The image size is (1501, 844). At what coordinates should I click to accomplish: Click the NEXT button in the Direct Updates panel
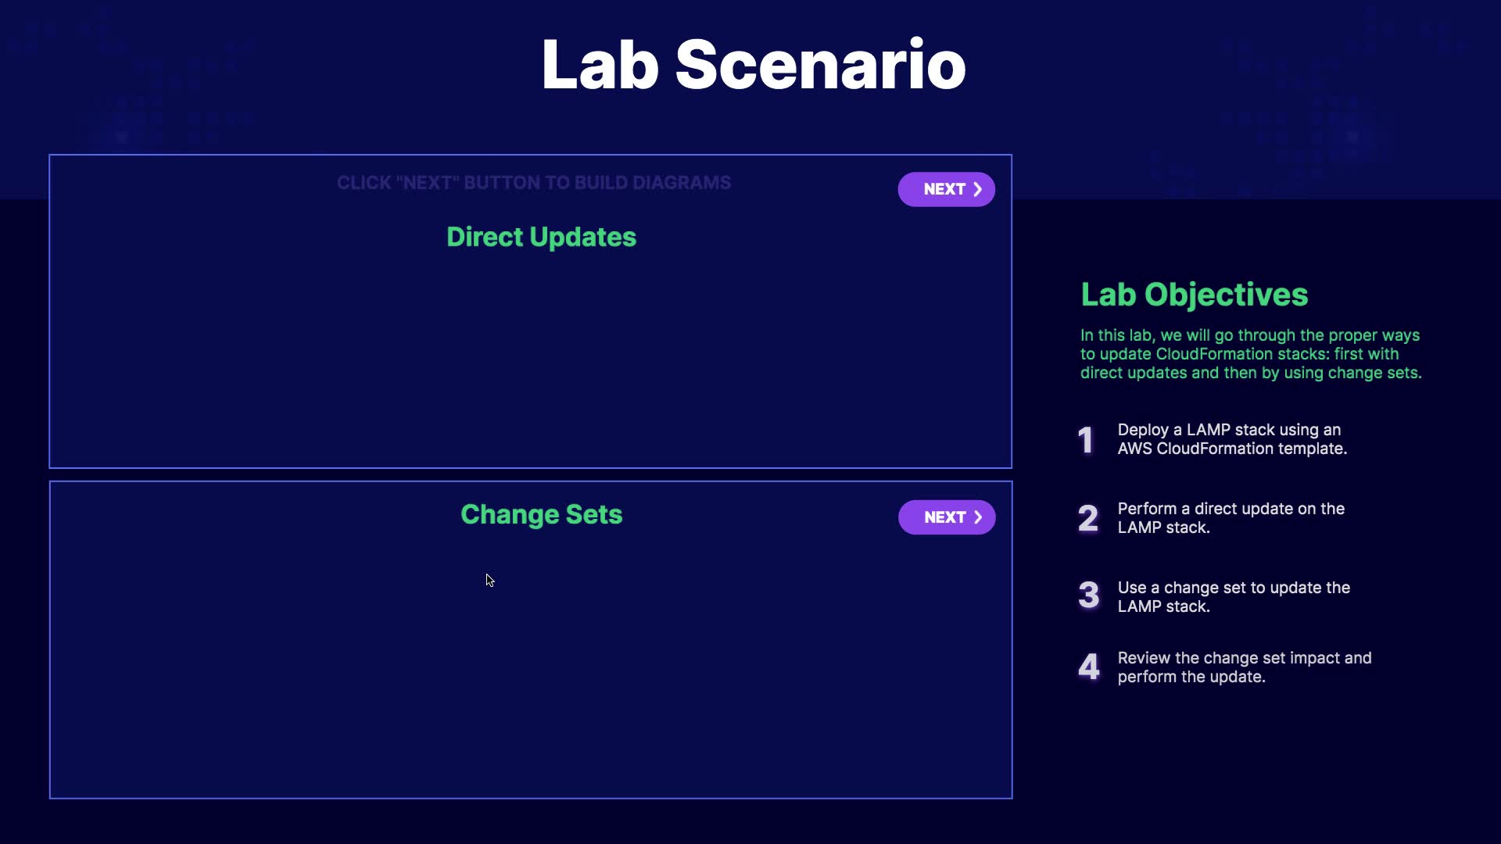pyautogui.click(x=946, y=189)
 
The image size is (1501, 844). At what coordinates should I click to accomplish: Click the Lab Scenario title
pyautogui.click(x=754, y=64)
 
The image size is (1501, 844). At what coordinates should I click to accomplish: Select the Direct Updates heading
pyautogui.click(x=541, y=237)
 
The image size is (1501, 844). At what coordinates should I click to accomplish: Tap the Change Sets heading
pyautogui.click(x=541, y=514)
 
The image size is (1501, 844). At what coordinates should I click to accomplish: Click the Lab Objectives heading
pyautogui.click(x=1194, y=295)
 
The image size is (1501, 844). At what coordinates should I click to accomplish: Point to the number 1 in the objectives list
pyautogui.click(x=1086, y=440)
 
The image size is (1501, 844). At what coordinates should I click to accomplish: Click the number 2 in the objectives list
pyautogui.click(x=1088, y=518)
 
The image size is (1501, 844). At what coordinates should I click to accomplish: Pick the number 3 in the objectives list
pyautogui.click(x=1088, y=595)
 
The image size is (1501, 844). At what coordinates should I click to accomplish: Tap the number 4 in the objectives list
pyautogui.click(x=1088, y=667)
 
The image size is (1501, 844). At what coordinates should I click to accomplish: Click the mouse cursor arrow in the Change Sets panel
pyautogui.click(x=489, y=580)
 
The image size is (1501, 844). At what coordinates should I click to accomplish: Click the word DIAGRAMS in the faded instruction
pyautogui.click(x=682, y=183)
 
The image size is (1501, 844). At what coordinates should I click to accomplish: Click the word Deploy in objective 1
pyautogui.click(x=1143, y=431)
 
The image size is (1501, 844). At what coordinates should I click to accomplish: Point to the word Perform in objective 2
pyautogui.click(x=1147, y=509)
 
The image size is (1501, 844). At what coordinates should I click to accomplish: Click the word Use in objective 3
pyautogui.click(x=1132, y=588)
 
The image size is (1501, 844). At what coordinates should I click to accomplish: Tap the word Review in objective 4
pyautogui.click(x=1144, y=658)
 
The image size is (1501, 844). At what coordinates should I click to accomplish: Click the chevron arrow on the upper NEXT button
pyautogui.click(x=977, y=189)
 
